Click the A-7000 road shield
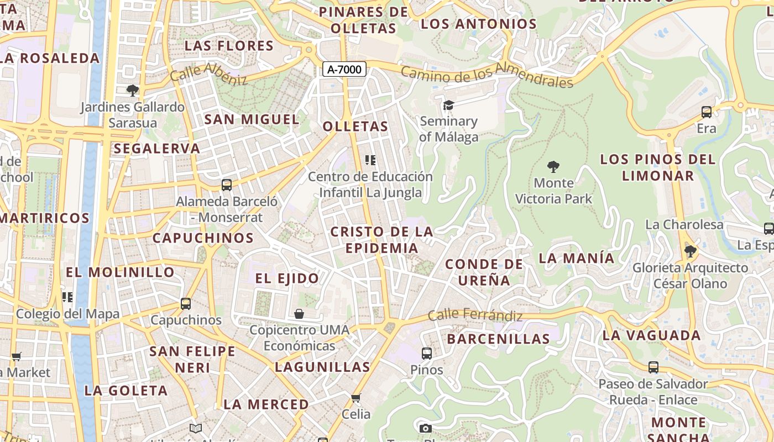pyautogui.click(x=344, y=69)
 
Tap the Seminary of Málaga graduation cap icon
pyautogui.click(x=448, y=105)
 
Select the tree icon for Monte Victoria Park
pyautogui.click(x=553, y=166)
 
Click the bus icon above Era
pyautogui.click(x=707, y=112)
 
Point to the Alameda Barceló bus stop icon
pyautogui.click(x=227, y=185)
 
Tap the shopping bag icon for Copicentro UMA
pyautogui.click(x=299, y=314)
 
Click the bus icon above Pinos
pyautogui.click(x=426, y=354)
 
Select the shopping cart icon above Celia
pyautogui.click(x=356, y=398)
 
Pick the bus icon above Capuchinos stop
pyautogui.click(x=186, y=304)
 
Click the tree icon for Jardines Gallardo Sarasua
pyautogui.click(x=132, y=91)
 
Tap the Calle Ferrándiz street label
pyautogui.click(x=475, y=316)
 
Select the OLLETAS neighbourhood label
pyautogui.click(x=355, y=127)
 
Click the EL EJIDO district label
pyautogui.click(x=287, y=278)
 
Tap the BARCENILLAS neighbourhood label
pyautogui.click(x=498, y=339)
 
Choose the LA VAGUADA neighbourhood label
pyautogui.click(x=651, y=335)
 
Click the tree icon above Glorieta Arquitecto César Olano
pyautogui.click(x=690, y=251)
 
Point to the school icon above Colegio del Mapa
pyautogui.click(x=67, y=297)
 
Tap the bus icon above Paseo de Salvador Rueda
pyautogui.click(x=653, y=367)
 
